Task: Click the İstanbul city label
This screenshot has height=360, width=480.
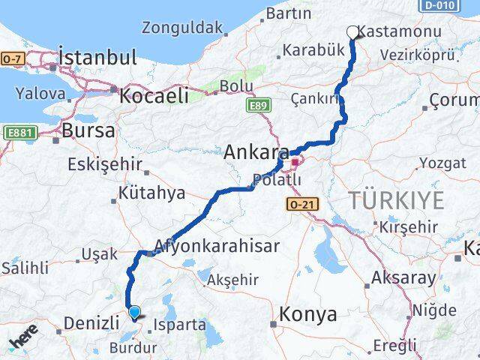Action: [x=97, y=57]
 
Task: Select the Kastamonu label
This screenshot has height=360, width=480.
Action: [x=389, y=32]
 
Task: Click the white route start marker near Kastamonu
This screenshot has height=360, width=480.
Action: [x=353, y=31]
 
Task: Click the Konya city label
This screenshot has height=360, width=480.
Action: [x=307, y=315]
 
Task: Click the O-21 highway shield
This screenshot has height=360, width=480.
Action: [x=298, y=203]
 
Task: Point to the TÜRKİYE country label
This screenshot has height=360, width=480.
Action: [x=395, y=199]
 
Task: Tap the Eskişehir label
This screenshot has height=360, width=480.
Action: [x=97, y=164]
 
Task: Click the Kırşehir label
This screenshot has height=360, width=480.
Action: [x=409, y=226]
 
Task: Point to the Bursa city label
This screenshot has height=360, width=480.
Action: [x=88, y=130]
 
